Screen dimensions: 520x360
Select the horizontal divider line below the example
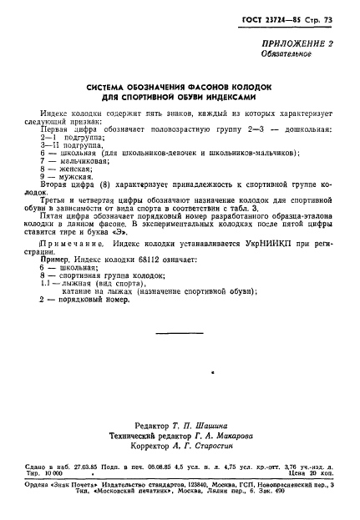click(180, 333)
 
